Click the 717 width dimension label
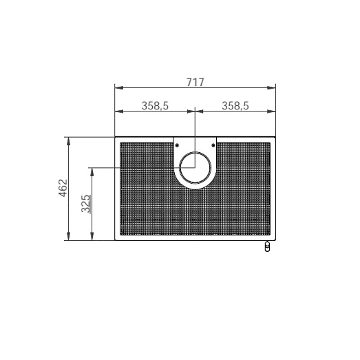click(x=195, y=82)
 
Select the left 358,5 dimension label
click(x=155, y=106)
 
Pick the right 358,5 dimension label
click(x=235, y=106)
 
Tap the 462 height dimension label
click(x=63, y=188)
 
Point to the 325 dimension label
click(x=86, y=204)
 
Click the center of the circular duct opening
click(x=195, y=167)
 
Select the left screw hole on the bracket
click(x=177, y=145)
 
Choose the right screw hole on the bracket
click(x=213, y=145)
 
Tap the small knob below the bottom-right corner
click(x=267, y=246)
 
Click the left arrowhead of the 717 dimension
click(x=119, y=87)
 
